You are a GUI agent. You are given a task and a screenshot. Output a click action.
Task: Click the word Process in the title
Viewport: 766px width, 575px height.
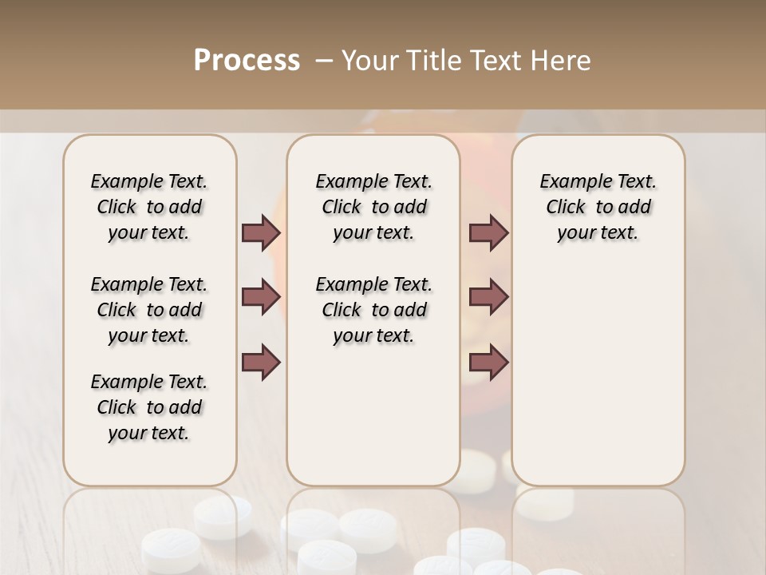247,61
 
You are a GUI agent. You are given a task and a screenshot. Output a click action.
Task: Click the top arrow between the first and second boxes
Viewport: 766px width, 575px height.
261,232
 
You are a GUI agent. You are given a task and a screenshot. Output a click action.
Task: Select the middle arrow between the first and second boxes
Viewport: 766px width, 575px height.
261,297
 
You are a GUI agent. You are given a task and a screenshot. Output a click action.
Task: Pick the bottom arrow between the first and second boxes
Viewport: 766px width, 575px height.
261,362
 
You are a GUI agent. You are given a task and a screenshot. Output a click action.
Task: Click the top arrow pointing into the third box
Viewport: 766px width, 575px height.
488,232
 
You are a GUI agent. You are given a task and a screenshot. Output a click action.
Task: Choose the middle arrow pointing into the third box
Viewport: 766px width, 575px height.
488,297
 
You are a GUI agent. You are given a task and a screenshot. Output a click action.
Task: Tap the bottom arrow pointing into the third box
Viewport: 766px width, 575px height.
488,362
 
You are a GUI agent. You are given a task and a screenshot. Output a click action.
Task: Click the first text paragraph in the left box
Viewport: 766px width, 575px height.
149,207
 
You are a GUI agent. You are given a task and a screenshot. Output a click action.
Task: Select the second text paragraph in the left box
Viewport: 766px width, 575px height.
149,310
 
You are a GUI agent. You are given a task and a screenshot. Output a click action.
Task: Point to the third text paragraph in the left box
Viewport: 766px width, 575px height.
149,407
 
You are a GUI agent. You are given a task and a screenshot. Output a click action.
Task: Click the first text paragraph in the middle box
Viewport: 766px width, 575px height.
374,207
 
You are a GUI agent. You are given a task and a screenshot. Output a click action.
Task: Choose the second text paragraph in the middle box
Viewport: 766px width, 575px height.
374,310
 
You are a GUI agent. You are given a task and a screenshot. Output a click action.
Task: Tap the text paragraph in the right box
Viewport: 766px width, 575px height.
598,207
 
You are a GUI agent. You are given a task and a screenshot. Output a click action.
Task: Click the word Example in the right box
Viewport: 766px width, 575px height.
571,182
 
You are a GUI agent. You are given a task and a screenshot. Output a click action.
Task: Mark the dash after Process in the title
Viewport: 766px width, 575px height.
323,61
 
